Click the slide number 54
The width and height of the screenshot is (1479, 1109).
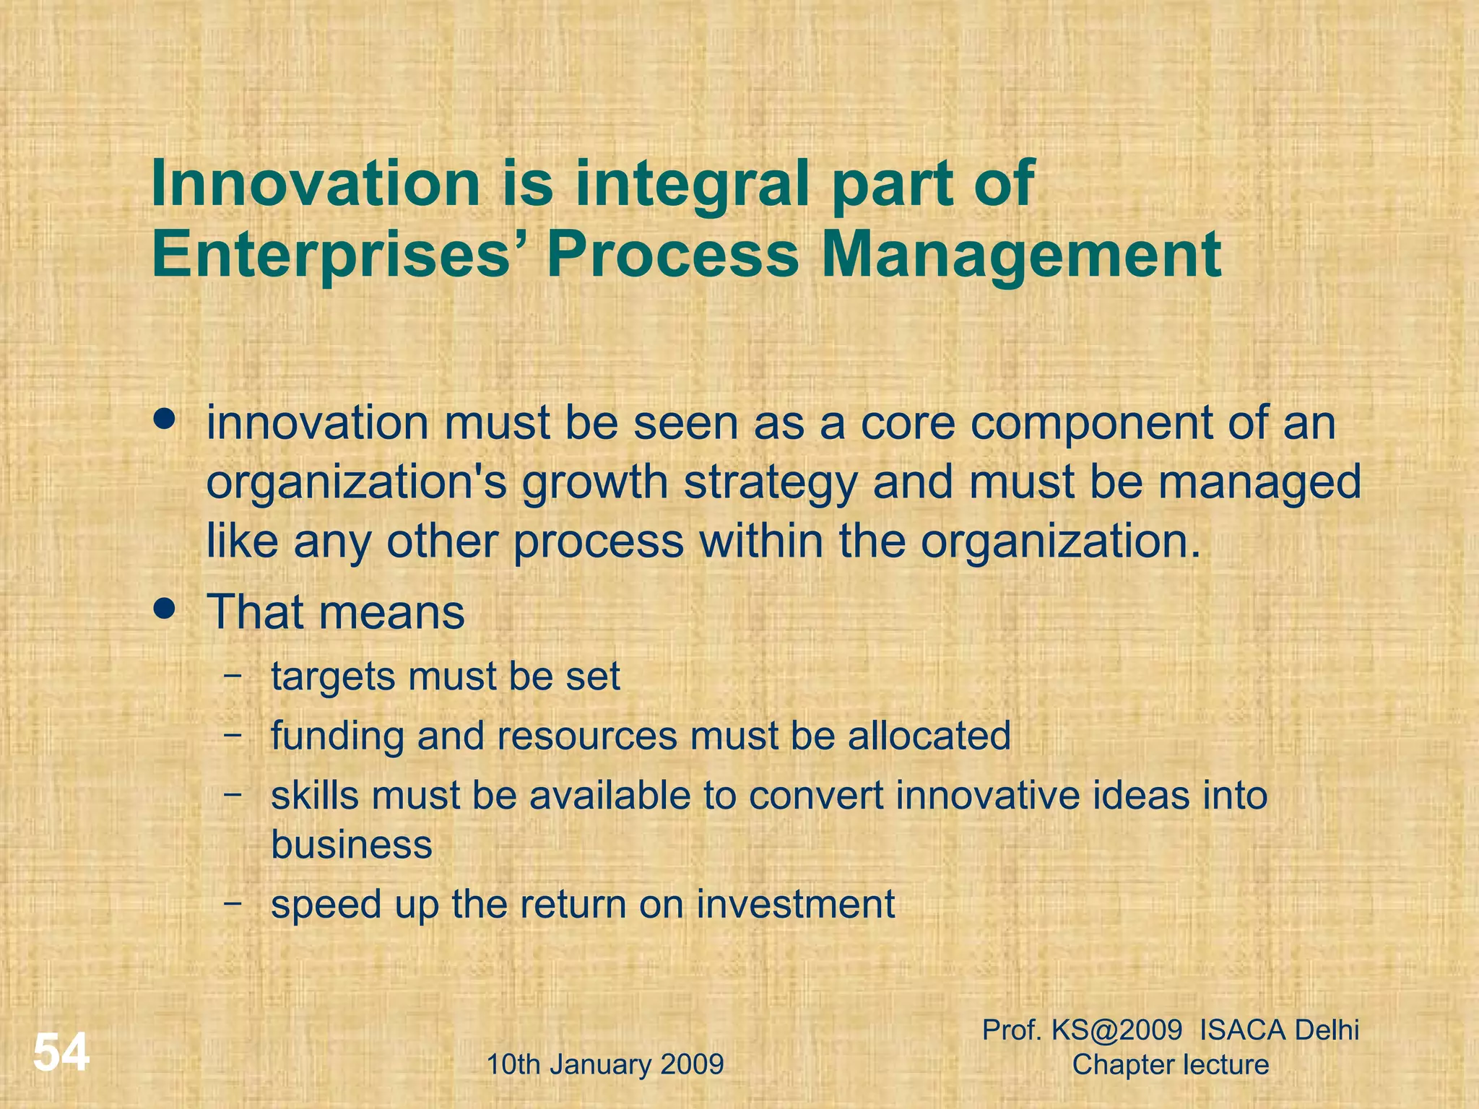(x=61, y=1053)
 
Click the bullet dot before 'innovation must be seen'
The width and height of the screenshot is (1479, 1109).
(x=165, y=419)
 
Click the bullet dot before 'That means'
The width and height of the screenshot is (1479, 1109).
(x=165, y=609)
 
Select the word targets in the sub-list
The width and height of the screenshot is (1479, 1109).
(x=333, y=677)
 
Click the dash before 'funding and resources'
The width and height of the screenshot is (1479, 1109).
(x=233, y=735)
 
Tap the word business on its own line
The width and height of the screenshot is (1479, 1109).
(x=351, y=844)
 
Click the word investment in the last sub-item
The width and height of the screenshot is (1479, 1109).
(x=795, y=904)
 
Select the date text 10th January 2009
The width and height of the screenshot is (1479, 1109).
(x=605, y=1064)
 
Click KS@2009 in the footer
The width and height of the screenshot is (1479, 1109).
(x=1116, y=1030)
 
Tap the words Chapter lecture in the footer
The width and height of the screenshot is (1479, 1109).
(x=1170, y=1064)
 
